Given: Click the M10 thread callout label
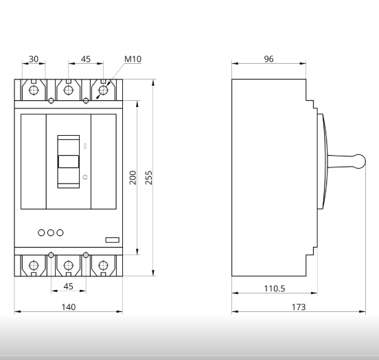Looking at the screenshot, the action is [x=133, y=59].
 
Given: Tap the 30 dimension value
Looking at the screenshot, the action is [x=34, y=59].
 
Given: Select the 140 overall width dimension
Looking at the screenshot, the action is [x=69, y=307].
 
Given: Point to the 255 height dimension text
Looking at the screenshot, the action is [x=149, y=178].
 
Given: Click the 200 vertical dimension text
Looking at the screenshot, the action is [x=133, y=178].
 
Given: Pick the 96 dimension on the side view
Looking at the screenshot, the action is [x=268, y=59].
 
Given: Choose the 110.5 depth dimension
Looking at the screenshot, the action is [x=275, y=288].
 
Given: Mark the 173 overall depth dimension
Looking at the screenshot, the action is [x=299, y=307].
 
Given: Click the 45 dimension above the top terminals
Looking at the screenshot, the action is [x=86, y=59].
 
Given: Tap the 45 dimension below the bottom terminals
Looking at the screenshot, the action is [x=69, y=287].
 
